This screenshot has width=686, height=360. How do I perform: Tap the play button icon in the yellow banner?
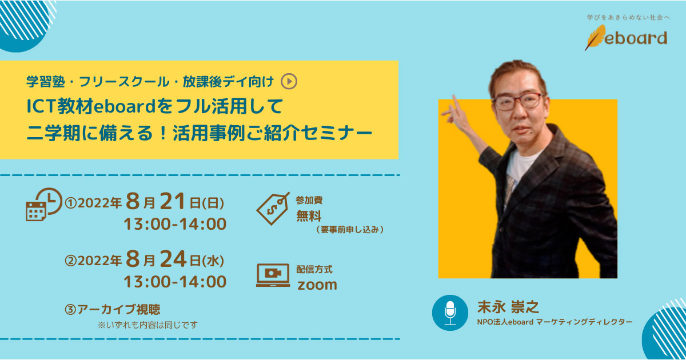[290, 82]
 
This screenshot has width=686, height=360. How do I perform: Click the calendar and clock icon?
[43, 205]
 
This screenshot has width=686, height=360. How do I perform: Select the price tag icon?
[273, 209]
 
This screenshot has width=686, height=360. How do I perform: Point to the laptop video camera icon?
[273, 275]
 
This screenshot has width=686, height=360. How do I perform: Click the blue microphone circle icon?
[450, 313]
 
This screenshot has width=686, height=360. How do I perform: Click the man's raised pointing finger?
[456, 102]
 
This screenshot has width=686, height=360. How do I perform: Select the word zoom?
[317, 285]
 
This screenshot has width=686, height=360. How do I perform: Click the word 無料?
[309, 217]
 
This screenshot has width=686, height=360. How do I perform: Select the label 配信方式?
[314, 269]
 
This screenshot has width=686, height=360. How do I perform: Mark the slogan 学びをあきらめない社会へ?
[627, 18]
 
